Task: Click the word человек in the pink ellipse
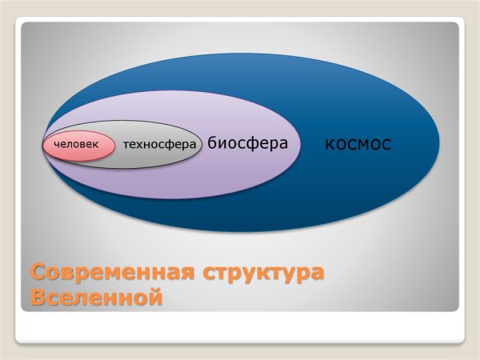coord(76,145)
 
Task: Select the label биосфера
coord(247,143)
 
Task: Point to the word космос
coord(358,144)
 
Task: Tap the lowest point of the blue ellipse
coord(240,233)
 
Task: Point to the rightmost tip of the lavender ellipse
coord(302,145)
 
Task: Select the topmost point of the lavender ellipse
coord(172,90)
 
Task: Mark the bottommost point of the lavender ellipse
coord(172,199)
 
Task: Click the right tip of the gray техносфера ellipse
coord(203,145)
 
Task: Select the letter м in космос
coord(362,145)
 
